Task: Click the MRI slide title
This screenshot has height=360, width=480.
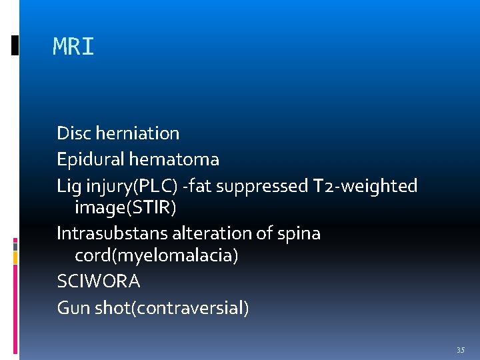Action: pos(73,47)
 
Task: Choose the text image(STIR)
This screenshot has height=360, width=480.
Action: pos(125,208)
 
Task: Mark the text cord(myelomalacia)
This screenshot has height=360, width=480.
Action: pos(156,256)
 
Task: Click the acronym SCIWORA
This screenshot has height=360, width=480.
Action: pos(99,282)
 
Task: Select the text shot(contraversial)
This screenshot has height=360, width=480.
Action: pos(169,308)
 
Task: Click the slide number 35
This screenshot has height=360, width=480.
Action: pos(460,350)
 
